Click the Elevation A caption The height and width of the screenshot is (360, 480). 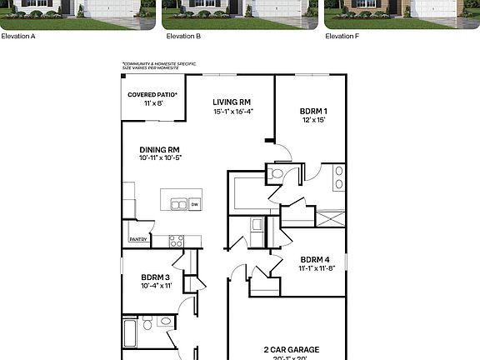click(18, 37)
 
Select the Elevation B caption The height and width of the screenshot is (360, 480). click(183, 37)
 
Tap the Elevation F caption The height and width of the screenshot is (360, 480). click(342, 37)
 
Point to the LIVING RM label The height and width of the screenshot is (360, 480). click(232, 102)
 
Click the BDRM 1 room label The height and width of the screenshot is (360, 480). click(313, 111)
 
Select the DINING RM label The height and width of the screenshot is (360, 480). click(160, 150)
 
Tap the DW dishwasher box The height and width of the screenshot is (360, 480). click(194, 203)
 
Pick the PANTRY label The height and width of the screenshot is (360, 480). click(138, 240)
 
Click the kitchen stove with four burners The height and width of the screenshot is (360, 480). click(176, 241)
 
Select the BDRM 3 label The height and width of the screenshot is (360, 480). click(156, 277)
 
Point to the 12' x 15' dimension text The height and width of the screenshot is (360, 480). click(313, 120)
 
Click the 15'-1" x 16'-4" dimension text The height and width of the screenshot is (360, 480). click(232, 112)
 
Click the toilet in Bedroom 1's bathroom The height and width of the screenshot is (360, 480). click(276, 174)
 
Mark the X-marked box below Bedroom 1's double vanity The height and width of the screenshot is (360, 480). click(331, 218)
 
